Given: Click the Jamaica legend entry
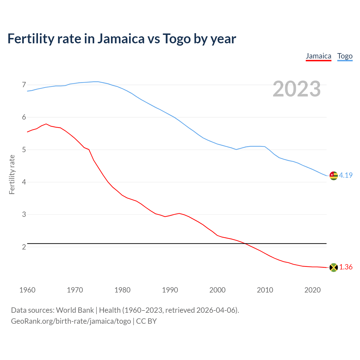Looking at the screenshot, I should [x=318, y=56].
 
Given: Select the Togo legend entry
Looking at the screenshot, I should [x=345, y=56].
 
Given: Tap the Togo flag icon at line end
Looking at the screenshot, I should [x=334, y=175].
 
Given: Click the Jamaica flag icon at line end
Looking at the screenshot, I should [x=334, y=267].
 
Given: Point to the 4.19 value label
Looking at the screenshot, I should [x=346, y=175].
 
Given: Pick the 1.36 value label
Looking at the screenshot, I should [x=346, y=267].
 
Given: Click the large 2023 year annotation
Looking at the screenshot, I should [x=297, y=89].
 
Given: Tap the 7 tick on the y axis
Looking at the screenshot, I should [x=24, y=85].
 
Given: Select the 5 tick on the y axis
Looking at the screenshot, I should [x=24, y=150].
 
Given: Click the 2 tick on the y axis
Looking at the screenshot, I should [x=24, y=247].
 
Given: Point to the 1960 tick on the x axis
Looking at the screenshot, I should [x=27, y=290].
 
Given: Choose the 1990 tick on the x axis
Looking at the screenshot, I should [x=170, y=290].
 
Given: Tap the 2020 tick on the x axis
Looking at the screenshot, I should [x=312, y=290].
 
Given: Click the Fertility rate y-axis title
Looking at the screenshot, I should [x=12, y=174].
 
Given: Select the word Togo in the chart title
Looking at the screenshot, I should [x=177, y=39].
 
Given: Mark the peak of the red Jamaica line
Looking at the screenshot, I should [x=46, y=124].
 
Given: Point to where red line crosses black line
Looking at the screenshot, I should [x=245, y=243].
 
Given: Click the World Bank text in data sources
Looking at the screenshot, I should [x=75, y=310].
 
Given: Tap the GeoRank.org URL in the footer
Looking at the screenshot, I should [x=71, y=321].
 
